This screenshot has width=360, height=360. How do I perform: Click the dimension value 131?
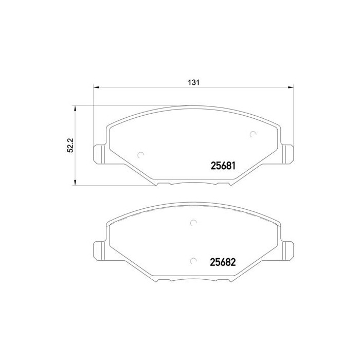click(193, 82)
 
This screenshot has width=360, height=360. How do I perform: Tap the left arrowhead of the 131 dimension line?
click(96, 87)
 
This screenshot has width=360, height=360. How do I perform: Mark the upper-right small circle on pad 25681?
click(252, 135)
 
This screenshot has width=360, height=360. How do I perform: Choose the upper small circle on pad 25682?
click(193, 223)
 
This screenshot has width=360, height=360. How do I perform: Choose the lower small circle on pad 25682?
click(193, 261)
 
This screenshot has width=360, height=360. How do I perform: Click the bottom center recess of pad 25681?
click(193, 184)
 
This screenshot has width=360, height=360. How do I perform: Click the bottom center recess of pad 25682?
click(193, 281)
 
